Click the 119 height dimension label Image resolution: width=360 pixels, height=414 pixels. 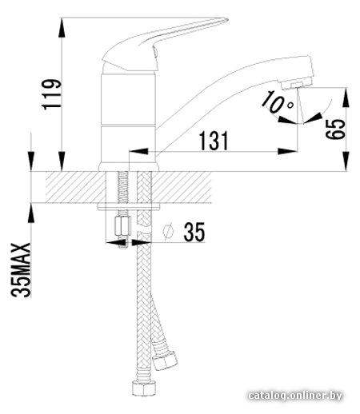pyautogui.click(x=52, y=94)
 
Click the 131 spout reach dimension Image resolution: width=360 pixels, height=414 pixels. pyautogui.click(x=214, y=141)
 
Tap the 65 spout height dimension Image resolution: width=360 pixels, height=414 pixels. pyautogui.click(x=335, y=129)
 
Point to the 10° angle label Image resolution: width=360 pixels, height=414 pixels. pyautogui.click(x=278, y=102)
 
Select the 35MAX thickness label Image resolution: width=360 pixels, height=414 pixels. pyautogui.click(x=21, y=270)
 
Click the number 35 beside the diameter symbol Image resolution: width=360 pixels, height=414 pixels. pyautogui.click(x=194, y=232)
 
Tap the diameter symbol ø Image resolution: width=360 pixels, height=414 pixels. pyautogui.click(x=168, y=231)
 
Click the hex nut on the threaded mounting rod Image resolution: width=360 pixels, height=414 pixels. pyautogui.click(x=122, y=226)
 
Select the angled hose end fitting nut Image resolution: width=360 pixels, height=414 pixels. pyautogui.click(x=165, y=360)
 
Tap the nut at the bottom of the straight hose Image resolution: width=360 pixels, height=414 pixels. pyautogui.click(x=144, y=388)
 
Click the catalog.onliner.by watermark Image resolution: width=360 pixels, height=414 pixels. pyautogui.click(x=295, y=396)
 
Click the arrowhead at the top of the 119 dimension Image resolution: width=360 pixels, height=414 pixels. pyautogui.click(x=62, y=27)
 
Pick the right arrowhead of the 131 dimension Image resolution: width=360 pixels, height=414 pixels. pyautogui.click(x=287, y=151)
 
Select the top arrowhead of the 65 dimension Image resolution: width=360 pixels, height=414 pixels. pyautogui.click(x=346, y=98)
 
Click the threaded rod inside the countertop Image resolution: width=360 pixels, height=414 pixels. pyautogui.click(x=123, y=187)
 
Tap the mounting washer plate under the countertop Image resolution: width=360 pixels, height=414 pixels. pyautogui.click(x=129, y=207)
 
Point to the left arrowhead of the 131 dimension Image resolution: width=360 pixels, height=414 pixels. pyautogui.click(x=138, y=151)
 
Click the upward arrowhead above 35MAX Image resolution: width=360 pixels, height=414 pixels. pyautogui.click(x=31, y=213)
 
